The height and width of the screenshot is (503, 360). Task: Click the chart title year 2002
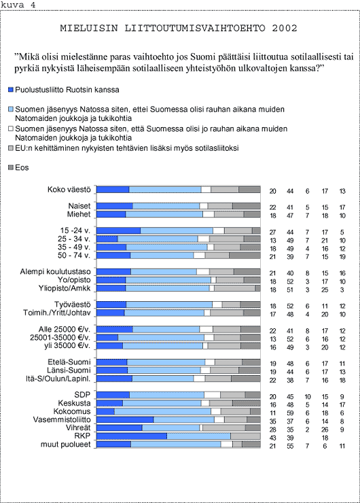point(285,29)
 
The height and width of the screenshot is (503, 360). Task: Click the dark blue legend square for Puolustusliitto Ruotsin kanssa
point(11,90)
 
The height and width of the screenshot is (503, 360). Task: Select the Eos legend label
point(22,167)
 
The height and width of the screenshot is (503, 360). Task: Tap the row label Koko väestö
point(69,190)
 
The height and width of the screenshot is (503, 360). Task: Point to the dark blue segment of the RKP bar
point(132,436)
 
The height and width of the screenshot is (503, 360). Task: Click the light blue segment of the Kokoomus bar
point(162,411)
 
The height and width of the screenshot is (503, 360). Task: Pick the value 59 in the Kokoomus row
point(290,413)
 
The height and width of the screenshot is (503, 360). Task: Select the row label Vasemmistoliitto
point(62,419)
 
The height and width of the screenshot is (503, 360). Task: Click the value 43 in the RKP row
point(272,438)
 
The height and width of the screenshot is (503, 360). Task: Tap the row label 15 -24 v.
point(75,230)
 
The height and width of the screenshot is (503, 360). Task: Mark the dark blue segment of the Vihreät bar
point(120,428)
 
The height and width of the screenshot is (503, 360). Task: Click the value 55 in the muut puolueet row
point(290,446)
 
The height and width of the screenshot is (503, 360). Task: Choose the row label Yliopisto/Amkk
point(65,288)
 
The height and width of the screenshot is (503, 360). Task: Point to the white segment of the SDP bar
point(212,395)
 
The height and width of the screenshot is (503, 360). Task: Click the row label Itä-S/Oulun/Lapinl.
point(58,379)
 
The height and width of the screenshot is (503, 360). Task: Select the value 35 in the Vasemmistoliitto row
point(272,421)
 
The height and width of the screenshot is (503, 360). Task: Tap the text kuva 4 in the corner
point(18,5)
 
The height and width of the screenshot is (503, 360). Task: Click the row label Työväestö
point(73,305)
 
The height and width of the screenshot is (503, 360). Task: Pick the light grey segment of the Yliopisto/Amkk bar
point(234,288)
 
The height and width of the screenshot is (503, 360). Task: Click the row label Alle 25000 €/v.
point(65,330)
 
